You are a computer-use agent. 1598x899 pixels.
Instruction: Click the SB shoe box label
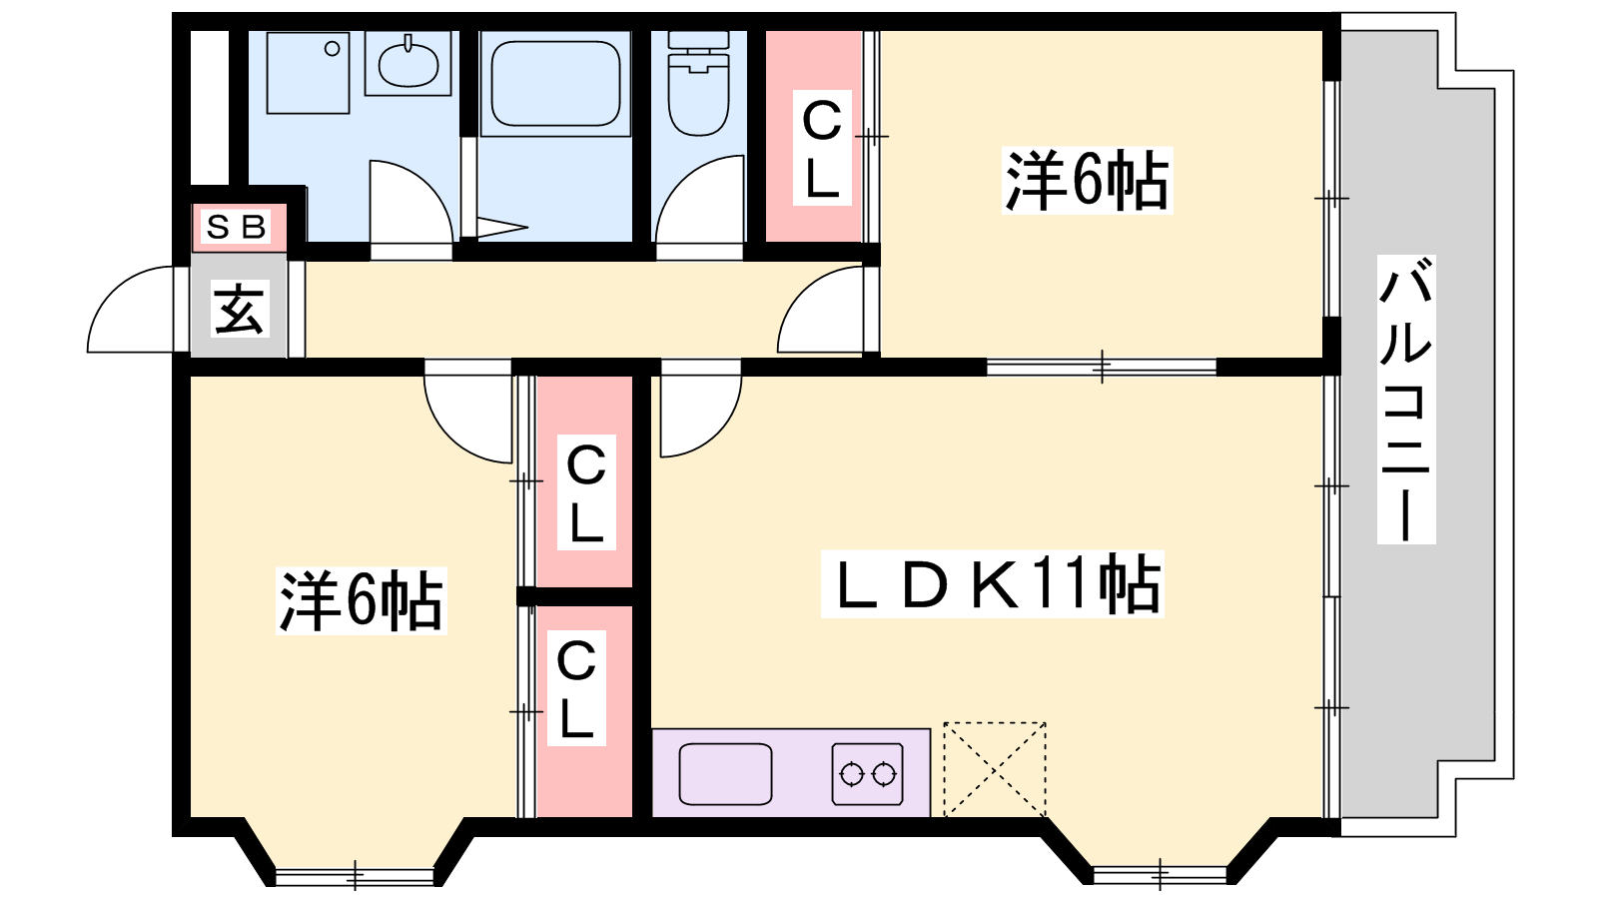(x=236, y=228)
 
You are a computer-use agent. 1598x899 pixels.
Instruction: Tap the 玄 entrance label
(x=239, y=309)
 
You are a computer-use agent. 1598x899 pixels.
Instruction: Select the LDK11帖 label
(x=992, y=583)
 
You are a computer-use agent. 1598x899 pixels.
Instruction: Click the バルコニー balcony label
(x=1405, y=400)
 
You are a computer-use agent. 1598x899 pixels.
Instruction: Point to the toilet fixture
(x=698, y=83)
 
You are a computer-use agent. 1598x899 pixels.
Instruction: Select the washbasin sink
(x=408, y=64)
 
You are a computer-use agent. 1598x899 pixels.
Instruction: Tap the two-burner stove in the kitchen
(x=868, y=774)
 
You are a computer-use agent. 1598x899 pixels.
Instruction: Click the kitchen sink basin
(x=725, y=774)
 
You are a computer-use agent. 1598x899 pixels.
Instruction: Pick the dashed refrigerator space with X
(x=995, y=770)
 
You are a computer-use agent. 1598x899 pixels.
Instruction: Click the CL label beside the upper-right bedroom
(x=822, y=149)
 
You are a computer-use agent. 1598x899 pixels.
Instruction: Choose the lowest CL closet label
(x=576, y=688)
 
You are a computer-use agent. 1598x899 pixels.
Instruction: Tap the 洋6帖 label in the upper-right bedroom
(x=1088, y=181)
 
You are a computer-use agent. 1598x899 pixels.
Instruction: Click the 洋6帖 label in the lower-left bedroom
(x=361, y=600)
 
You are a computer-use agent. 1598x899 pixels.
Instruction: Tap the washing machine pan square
(x=309, y=72)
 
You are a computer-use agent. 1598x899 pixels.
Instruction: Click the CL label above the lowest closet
(x=586, y=492)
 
